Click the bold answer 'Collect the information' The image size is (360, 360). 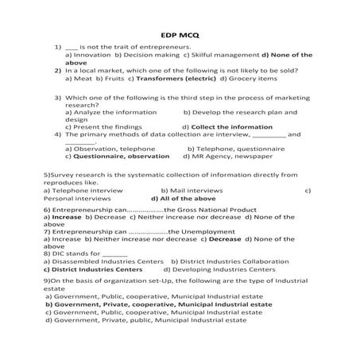(x=226, y=126)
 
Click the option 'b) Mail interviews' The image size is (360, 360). (x=191, y=191)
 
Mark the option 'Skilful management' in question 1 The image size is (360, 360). (x=219, y=54)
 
